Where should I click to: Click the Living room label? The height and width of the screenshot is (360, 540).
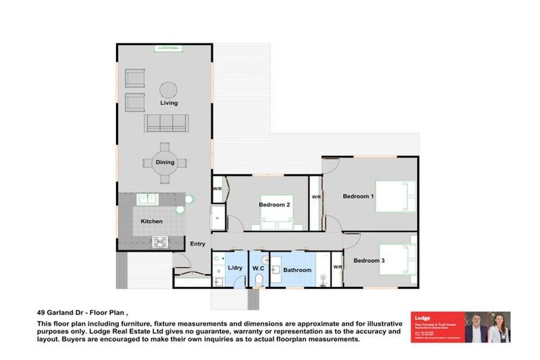[169, 103]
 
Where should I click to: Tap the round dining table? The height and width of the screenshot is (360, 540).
[165, 162]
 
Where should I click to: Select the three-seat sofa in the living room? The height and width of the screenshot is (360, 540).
[166, 123]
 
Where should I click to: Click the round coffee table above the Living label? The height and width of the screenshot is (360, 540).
[168, 90]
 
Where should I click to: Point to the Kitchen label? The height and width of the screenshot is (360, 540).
[151, 221]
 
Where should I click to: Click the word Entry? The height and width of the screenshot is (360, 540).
[198, 244]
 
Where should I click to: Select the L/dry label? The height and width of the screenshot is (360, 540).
[235, 269]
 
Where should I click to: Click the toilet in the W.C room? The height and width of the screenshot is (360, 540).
[259, 281]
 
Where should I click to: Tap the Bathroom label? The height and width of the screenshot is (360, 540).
[297, 270]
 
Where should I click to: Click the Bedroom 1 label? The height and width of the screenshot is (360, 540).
[358, 196]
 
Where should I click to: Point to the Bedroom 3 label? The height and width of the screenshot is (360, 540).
[368, 261]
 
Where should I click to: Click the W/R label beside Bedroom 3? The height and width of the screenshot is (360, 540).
[337, 267]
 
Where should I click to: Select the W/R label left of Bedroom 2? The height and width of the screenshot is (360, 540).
[217, 189]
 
